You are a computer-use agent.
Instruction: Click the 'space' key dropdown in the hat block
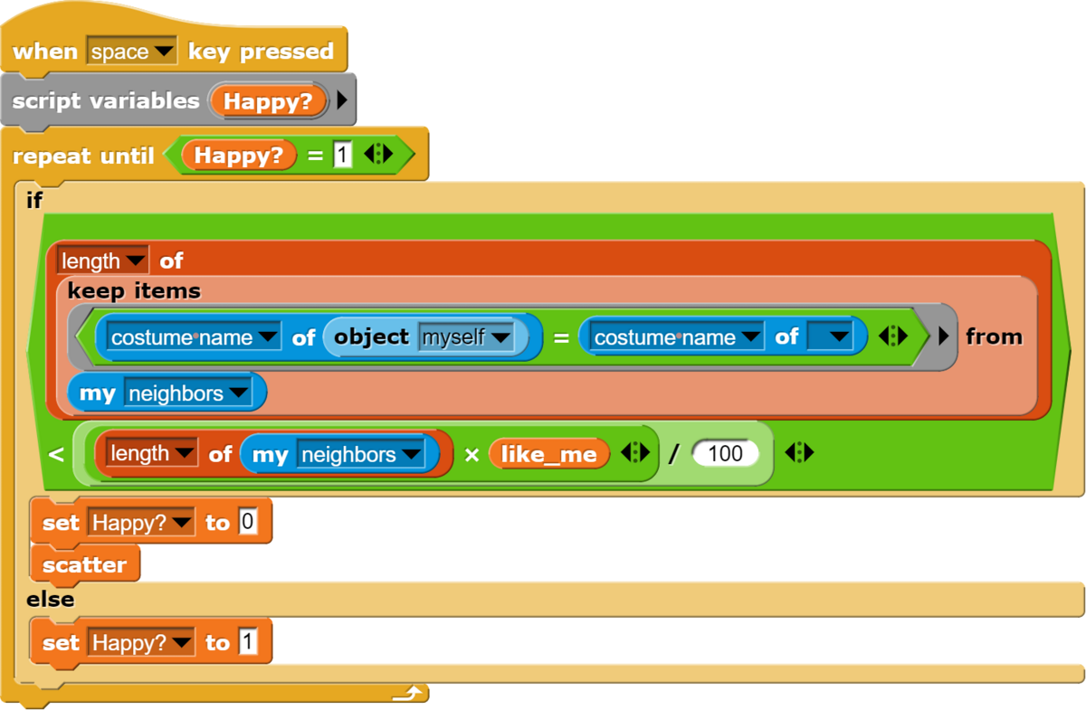point(131,51)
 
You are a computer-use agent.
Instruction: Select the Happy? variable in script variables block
point(268,101)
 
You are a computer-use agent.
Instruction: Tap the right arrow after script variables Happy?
point(342,100)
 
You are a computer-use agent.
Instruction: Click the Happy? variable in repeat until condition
point(239,155)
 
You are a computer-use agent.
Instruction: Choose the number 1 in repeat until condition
point(342,155)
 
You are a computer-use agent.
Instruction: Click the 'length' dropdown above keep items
point(103,260)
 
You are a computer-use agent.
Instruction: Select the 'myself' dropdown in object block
point(466,336)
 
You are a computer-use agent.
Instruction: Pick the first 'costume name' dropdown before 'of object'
point(194,336)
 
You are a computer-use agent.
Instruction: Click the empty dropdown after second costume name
point(830,336)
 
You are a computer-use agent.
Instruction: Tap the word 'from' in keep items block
point(994,336)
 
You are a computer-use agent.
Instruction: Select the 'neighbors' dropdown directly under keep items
point(188,393)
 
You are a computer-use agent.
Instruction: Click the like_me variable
point(548,454)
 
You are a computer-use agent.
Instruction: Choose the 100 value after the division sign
point(725,454)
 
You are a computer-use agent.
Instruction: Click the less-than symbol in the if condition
point(56,454)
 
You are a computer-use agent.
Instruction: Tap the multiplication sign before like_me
point(472,455)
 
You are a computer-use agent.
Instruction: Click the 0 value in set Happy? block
point(248,522)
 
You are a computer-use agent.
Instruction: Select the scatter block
point(85,564)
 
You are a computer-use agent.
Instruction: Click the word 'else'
point(51,600)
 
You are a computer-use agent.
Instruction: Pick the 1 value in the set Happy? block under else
point(248,641)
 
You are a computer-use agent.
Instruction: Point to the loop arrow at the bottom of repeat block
point(407,694)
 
